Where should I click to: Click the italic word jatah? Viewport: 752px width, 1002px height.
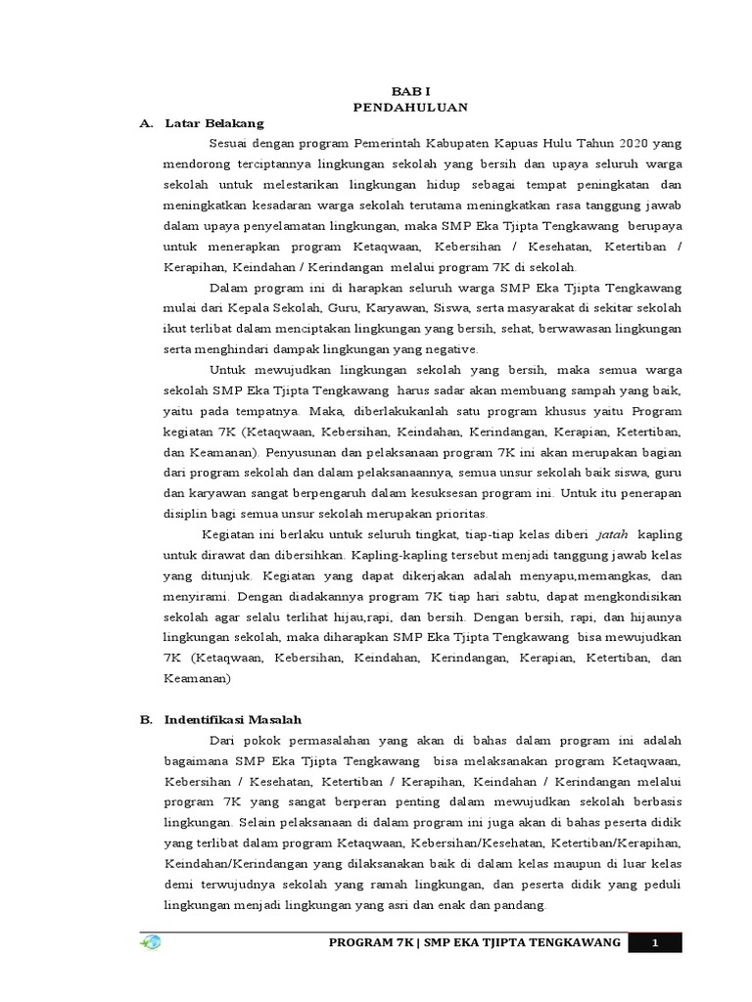(x=612, y=533)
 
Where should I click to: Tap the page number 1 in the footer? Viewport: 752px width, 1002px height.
(x=654, y=941)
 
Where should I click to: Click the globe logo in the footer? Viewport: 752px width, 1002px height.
(x=151, y=941)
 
